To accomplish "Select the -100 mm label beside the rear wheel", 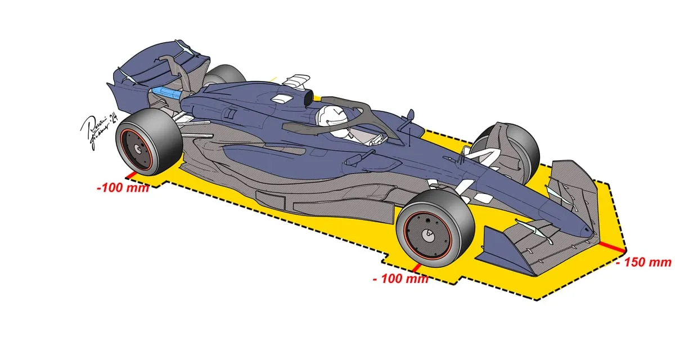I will coord(123,187).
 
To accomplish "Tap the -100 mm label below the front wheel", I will coord(400,278).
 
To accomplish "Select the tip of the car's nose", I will coord(588,231).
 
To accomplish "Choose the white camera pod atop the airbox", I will coord(296,81).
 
